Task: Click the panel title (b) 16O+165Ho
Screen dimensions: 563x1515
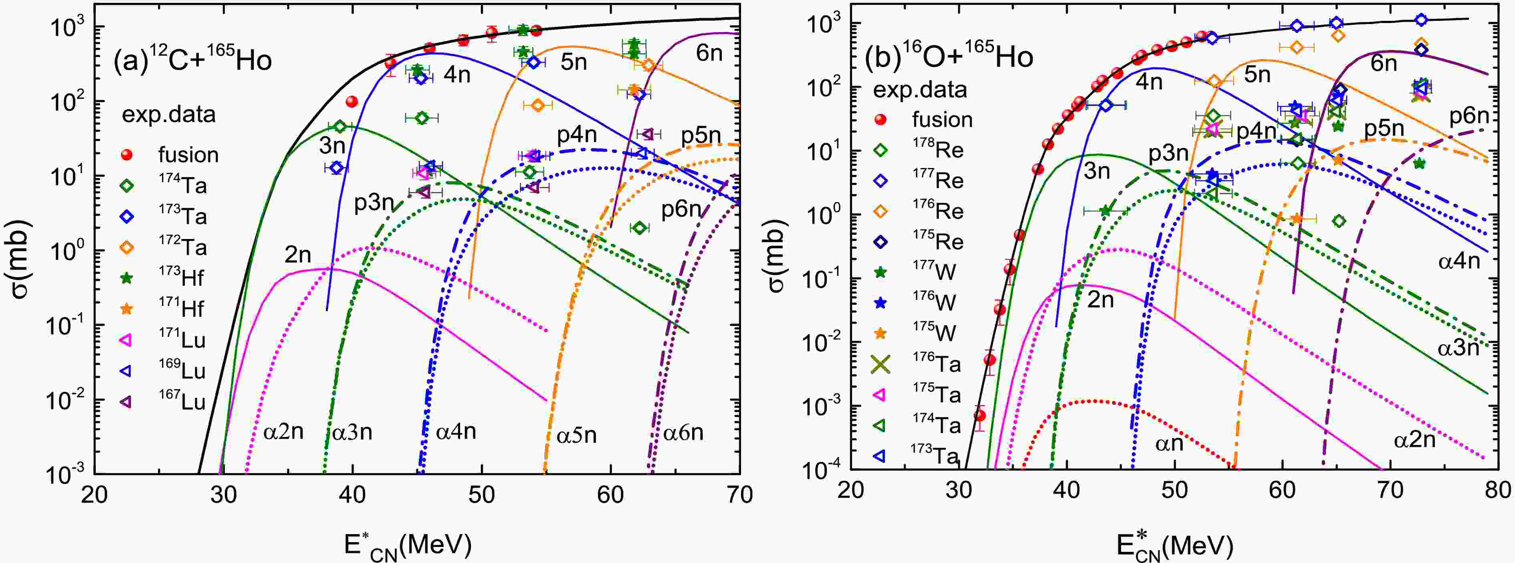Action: pos(949,57)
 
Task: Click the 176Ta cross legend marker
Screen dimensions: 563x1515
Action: pos(881,364)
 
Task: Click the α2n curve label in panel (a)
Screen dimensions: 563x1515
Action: pos(283,432)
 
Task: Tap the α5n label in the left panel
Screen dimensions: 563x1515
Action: pos(576,435)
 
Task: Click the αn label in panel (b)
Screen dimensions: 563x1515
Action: pos(1169,443)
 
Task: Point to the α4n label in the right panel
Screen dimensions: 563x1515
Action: pos(1458,261)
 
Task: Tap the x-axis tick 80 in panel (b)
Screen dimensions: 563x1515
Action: pos(1497,490)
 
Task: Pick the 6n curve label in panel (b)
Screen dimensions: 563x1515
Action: pos(1383,63)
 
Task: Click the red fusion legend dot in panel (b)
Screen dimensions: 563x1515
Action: pos(881,119)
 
